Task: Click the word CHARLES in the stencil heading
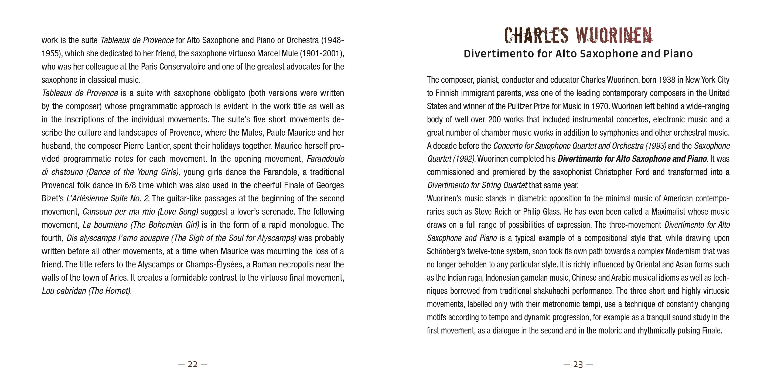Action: [536, 36]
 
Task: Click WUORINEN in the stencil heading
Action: [614, 36]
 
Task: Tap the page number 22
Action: [192, 364]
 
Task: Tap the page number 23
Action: [578, 364]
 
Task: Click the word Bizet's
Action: [53, 199]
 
